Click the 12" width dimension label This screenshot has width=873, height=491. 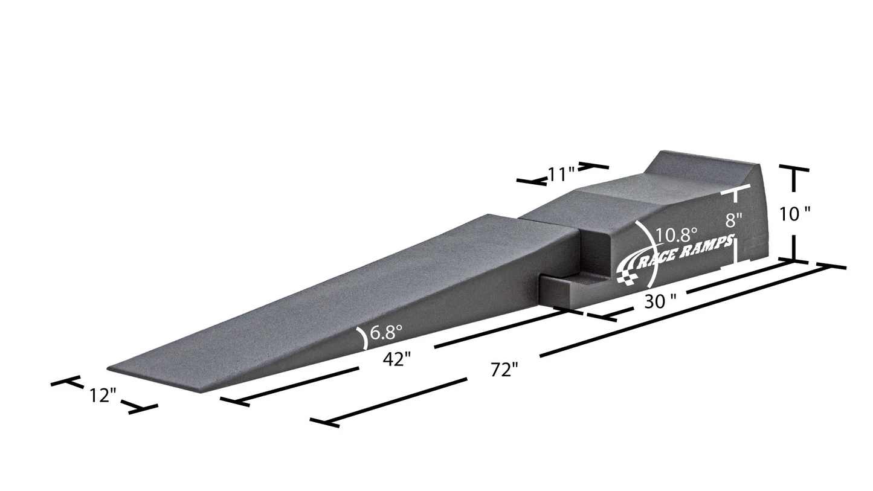(102, 396)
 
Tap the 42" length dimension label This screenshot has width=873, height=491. (397, 359)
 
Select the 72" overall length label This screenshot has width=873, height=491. (504, 370)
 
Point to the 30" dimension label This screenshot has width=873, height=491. (660, 301)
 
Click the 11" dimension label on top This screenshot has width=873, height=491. (561, 175)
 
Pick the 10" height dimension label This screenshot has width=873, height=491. (794, 214)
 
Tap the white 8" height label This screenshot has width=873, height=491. (733, 220)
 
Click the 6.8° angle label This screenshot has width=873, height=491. (386, 332)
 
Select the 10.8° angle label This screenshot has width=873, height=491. (677, 234)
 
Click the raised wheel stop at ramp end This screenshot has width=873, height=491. (704, 161)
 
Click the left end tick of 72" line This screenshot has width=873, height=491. (324, 422)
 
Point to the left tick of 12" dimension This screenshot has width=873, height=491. (66, 381)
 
